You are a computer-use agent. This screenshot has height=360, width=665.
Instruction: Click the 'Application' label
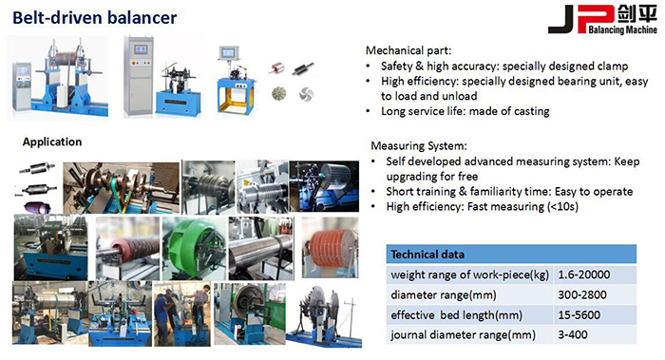pos(52,142)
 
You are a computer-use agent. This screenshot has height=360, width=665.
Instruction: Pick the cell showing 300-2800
pos(581,294)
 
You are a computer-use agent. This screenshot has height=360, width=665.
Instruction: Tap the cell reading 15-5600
pos(579,314)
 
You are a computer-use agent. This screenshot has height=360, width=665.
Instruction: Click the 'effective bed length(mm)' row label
pos(453,314)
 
